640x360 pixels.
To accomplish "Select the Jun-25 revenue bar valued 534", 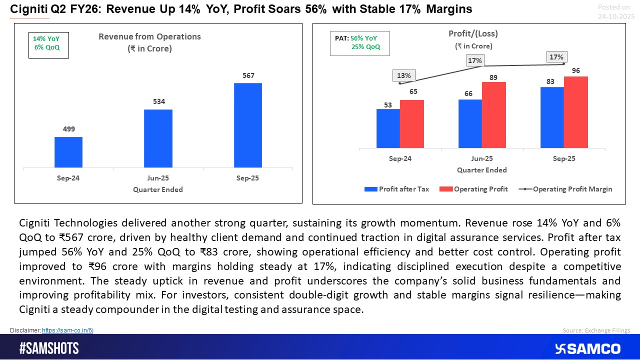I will (x=158, y=138).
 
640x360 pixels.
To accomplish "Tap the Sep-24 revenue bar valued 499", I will (x=68, y=152).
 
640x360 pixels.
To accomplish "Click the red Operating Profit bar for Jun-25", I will (x=494, y=115).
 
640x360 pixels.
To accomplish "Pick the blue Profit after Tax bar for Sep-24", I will (x=388, y=128).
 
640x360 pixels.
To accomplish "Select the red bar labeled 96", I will (x=576, y=112).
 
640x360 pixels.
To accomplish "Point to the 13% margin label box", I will (x=404, y=75).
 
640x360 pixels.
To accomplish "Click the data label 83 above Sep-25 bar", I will (x=552, y=81).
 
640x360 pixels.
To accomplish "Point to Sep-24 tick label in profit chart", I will (x=400, y=158).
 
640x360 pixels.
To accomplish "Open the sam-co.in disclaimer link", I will (x=67, y=330).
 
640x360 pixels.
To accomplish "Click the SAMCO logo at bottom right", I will (x=587, y=348).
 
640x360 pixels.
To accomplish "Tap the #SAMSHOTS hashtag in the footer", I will (x=49, y=348).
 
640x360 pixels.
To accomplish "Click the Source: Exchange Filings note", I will (x=596, y=330).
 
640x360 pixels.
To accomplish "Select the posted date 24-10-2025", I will (x=616, y=16).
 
